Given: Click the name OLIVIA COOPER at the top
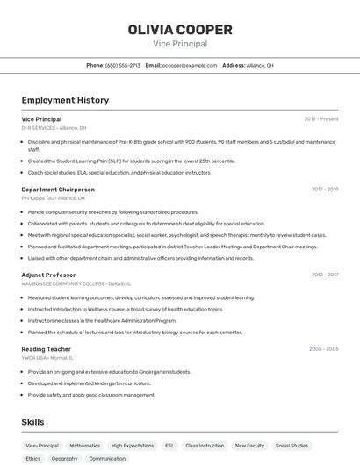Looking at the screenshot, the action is (180, 30).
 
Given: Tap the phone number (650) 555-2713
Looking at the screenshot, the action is (123, 65).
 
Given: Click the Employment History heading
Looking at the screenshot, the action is (65, 100).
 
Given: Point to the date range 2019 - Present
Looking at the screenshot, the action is (321, 118).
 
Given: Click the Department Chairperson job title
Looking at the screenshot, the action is (58, 190).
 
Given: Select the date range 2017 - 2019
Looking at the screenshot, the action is (324, 189).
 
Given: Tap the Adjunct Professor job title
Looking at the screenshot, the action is (48, 275).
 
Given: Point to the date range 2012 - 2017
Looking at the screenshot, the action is (324, 275).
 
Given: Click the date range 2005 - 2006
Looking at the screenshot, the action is (323, 348).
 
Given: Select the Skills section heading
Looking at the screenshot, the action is (32, 422).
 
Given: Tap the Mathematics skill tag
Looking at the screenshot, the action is (85, 446).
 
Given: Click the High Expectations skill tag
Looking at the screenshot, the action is (133, 446).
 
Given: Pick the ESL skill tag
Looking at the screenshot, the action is (169, 446).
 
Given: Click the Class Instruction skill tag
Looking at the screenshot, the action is (205, 446).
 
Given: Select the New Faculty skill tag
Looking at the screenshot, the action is (249, 446).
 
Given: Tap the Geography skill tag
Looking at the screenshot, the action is (64, 459).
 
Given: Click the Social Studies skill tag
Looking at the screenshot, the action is (292, 446).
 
